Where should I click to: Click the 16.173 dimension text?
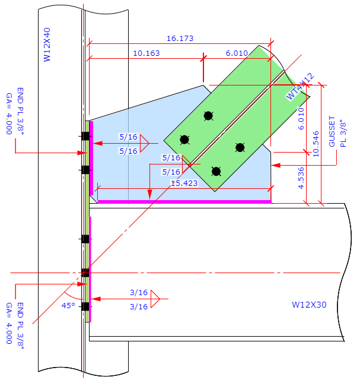(180, 39)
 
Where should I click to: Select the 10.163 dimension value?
(146, 53)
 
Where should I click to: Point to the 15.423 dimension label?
(184, 183)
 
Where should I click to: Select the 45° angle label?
(68, 306)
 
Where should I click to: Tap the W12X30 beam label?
(310, 305)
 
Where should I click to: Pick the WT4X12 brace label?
(300, 87)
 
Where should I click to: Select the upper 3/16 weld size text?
(138, 292)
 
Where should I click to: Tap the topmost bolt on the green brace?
(208, 116)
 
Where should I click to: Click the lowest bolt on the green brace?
(216, 172)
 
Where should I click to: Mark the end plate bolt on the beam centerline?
(85, 273)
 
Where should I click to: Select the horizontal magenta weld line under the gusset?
(184, 202)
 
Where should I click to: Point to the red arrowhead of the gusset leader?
(276, 165)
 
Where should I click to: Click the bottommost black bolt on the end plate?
(85, 306)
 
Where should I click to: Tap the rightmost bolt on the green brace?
(240, 147)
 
